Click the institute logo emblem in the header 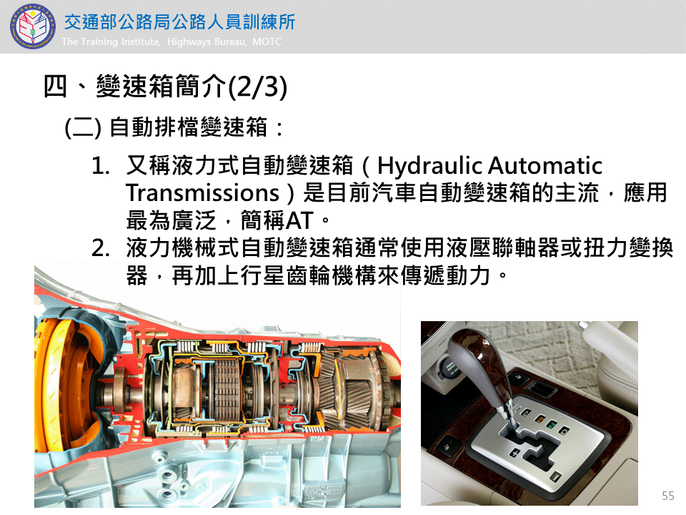(x=33, y=26)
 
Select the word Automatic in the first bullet (x=545, y=165)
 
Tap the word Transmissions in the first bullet (x=202, y=192)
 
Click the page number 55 (x=667, y=496)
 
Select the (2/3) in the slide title (x=258, y=87)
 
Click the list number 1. (x=100, y=167)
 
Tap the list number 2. (x=100, y=248)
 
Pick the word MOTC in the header (x=267, y=41)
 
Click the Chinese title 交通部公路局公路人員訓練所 (x=180, y=22)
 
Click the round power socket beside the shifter (x=449, y=367)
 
